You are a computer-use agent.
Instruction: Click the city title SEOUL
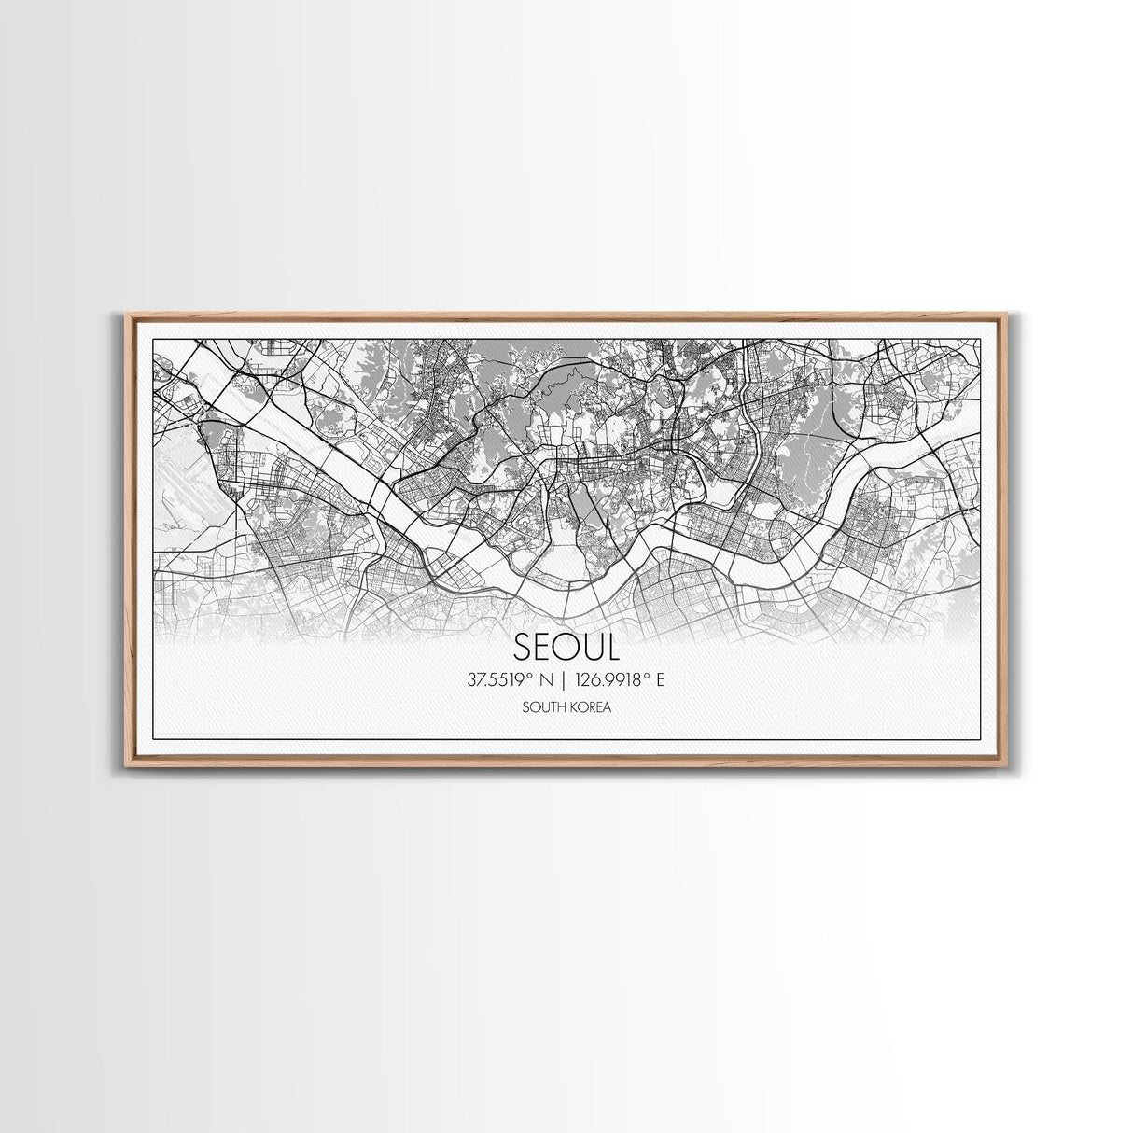(x=566, y=648)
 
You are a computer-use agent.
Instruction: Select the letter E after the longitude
(x=660, y=680)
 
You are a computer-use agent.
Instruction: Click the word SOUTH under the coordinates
(x=545, y=707)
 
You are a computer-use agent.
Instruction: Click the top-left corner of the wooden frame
(x=127, y=315)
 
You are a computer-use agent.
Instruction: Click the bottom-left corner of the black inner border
(x=152, y=739)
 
